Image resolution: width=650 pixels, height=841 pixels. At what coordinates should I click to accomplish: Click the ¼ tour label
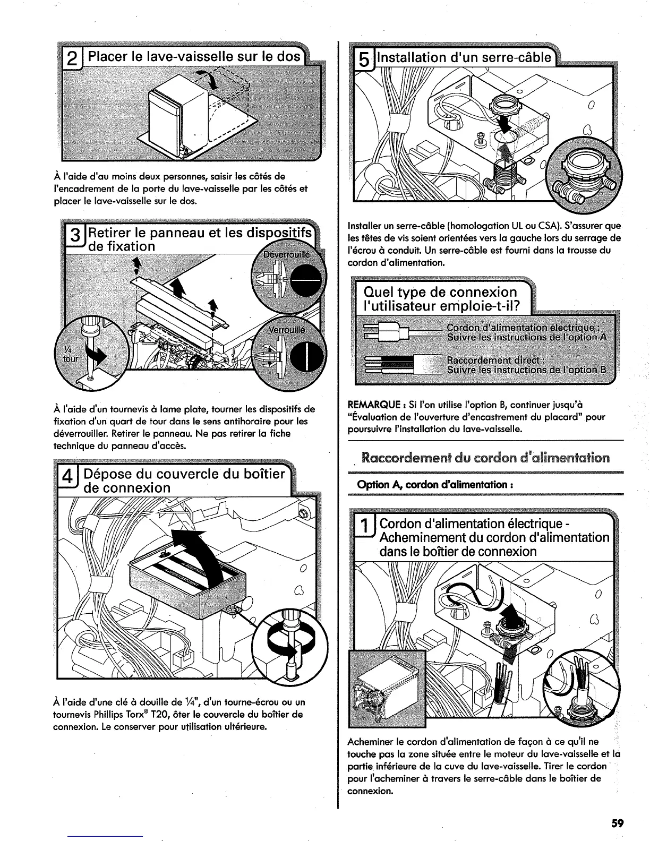(70, 354)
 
